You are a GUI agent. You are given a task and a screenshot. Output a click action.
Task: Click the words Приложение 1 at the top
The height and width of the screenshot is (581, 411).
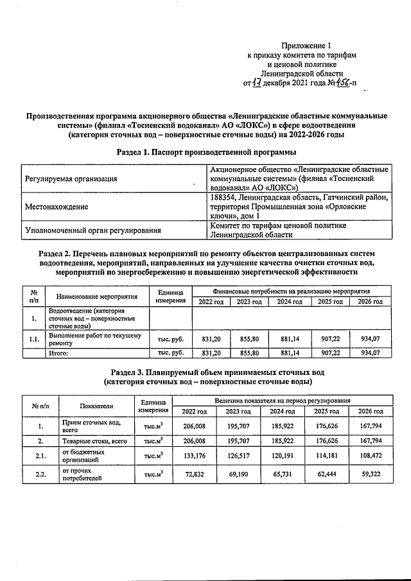[x=306, y=46]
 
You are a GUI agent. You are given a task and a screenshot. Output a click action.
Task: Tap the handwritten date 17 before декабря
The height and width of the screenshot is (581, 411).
[x=256, y=82]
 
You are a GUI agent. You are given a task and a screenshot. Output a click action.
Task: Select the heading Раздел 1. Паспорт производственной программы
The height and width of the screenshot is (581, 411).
[x=206, y=152]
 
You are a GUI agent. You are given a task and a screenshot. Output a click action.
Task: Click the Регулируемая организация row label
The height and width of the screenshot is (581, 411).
[x=71, y=178]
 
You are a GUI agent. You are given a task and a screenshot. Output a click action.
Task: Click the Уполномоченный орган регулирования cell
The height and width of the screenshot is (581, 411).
[x=92, y=230]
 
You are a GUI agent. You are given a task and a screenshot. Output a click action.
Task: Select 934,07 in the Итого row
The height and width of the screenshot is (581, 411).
[x=370, y=352]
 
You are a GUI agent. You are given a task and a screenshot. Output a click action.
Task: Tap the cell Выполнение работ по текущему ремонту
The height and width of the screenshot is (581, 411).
[x=93, y=339]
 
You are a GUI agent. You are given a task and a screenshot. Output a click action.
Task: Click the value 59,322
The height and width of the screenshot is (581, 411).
[x=370, y=474]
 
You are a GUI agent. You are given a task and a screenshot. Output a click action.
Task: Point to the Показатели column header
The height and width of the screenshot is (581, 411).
[x=96, y=406]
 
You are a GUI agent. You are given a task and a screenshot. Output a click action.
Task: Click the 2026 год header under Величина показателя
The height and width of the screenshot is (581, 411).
[x=370, y=411]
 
